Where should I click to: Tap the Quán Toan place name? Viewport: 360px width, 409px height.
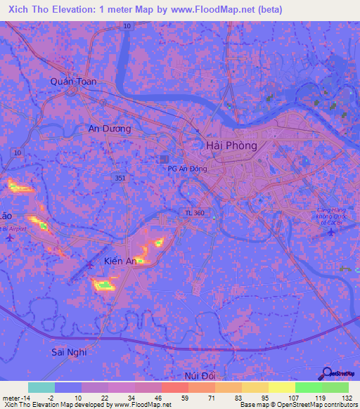pos(73,82)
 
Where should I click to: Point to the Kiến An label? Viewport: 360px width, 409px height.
pos(120,261)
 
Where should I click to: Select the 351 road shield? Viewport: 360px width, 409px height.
pos(121,178)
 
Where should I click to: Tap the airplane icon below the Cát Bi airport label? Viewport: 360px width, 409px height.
pos(331,233)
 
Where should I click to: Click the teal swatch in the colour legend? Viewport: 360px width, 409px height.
pos(41,387)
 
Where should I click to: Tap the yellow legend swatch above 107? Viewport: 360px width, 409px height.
pos(282,387)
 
